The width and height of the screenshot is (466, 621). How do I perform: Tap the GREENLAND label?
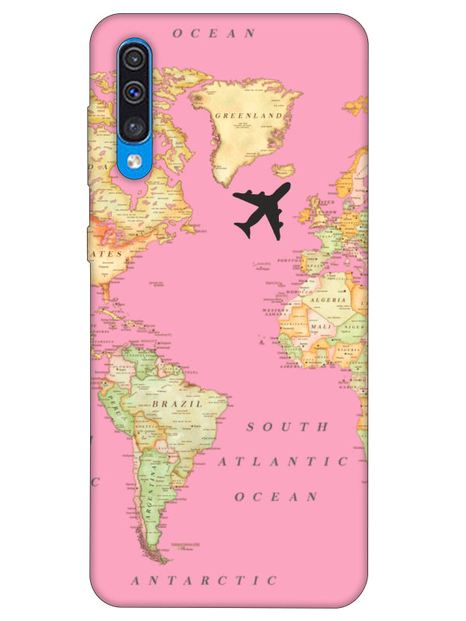point(248,116)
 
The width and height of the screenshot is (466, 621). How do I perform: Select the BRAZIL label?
point(177,404)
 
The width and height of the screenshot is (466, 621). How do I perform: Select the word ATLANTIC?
point(283,462)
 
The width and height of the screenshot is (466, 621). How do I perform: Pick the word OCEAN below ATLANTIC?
point(276,497)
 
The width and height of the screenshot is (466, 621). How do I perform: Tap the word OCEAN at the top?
point(214,33)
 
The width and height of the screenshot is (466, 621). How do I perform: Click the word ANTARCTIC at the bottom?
point(203,580)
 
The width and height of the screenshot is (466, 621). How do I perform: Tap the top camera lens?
point(135,57)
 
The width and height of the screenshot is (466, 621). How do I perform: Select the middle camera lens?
point(135,91)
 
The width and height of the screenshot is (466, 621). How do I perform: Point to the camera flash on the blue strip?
point(135,161)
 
